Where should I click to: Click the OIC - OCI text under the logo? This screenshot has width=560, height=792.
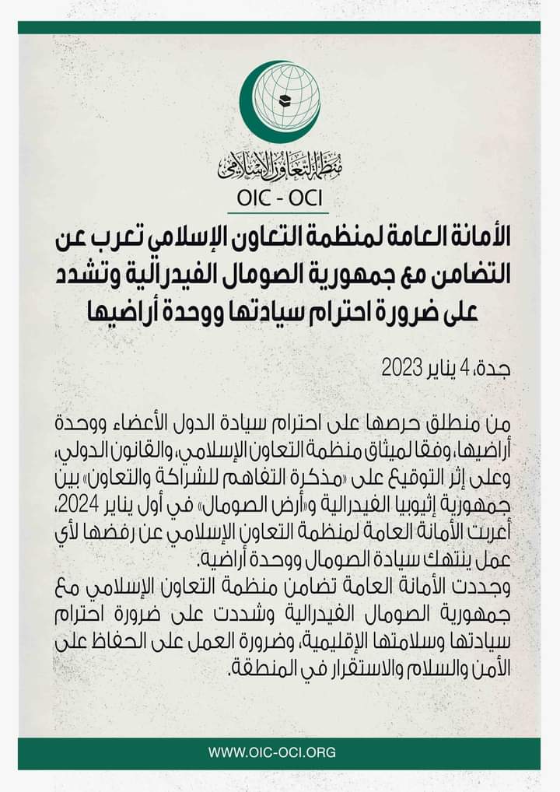[x=279, y=200]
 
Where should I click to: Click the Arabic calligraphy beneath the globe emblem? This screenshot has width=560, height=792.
[x=280, y=163]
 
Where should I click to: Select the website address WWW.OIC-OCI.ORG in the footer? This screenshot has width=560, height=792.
[x=271, y=752]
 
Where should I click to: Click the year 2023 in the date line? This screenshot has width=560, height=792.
[x=401, y=368]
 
